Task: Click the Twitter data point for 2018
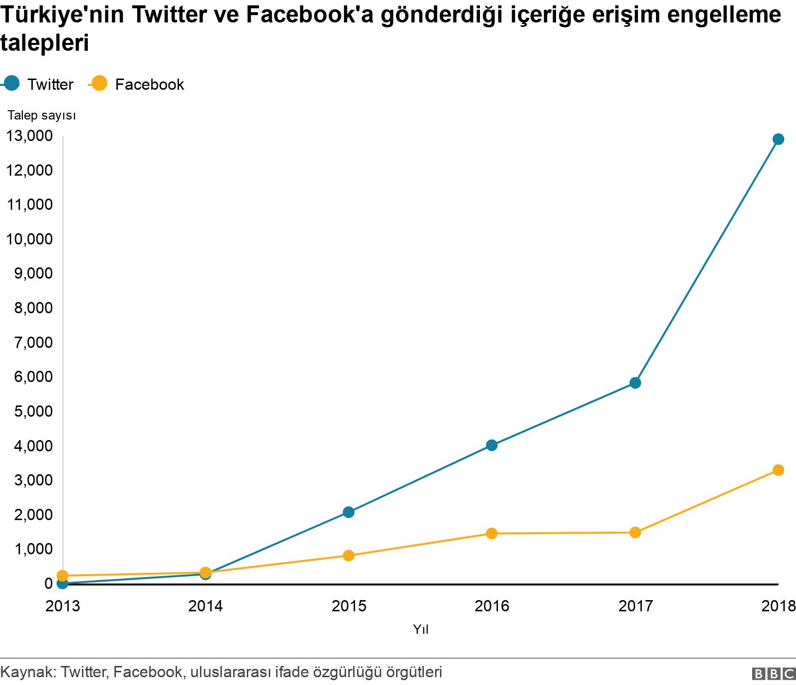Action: [x=778, y=140]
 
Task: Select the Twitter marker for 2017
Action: [x=635, y=383]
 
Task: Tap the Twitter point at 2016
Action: [x=492, y=445]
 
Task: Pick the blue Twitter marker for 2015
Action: [x=348, y=512]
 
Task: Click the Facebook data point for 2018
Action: [x=778, y=470]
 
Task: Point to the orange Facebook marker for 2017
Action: [x=635, y=532]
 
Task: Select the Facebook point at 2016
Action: [x=492, y=533]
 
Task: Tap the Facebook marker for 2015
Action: [x=348, y=555]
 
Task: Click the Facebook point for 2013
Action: [x=62, y=576]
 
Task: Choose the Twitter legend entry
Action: [x=39, y=84]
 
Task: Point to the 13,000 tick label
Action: [x=29, y=136]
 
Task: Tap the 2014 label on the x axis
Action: [x=205, y=606]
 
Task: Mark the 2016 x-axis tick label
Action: [x=492, y=606]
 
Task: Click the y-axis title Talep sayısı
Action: [x=41, y=116]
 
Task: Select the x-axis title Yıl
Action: [x=420, y=629]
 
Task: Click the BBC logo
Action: [x=774, y=673]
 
